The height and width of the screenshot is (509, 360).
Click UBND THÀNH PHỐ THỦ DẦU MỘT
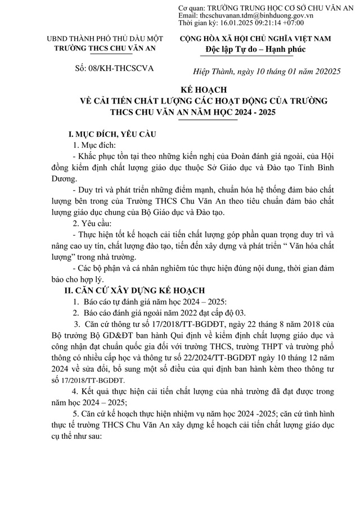pos(105,39)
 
